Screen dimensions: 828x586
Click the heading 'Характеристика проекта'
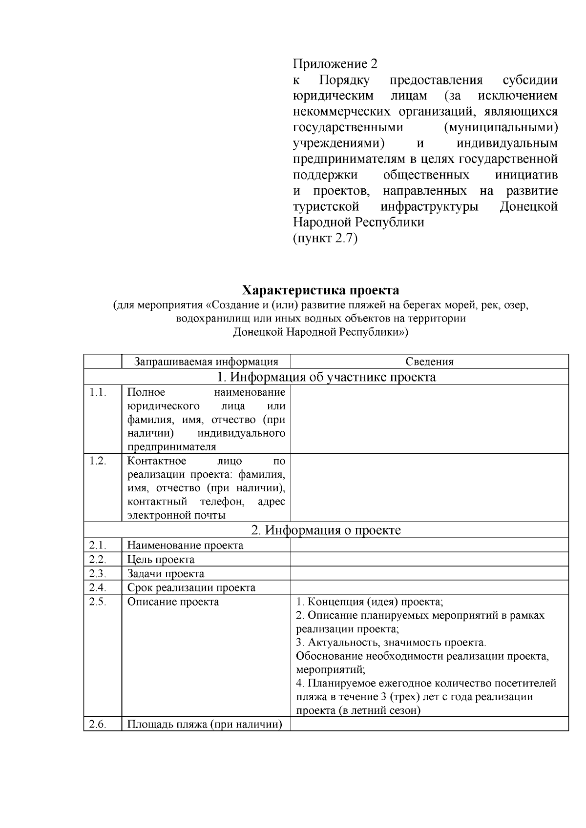321,290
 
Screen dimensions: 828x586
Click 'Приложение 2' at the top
335,64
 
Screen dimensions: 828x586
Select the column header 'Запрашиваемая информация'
206,362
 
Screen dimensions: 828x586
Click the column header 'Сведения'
429,362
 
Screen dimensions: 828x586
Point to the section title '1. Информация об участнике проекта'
326,377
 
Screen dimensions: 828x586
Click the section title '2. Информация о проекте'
326,530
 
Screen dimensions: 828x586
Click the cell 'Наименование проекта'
185,545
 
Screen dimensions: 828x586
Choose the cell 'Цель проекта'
161,559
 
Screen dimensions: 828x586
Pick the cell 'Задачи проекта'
166,573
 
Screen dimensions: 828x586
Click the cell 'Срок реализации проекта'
191,587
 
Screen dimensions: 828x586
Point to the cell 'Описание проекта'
173,602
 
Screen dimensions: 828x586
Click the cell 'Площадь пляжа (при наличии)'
205,724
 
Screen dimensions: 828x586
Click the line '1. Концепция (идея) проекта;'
370,602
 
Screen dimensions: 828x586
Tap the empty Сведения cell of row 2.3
429,573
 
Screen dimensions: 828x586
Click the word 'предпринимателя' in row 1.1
171,447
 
